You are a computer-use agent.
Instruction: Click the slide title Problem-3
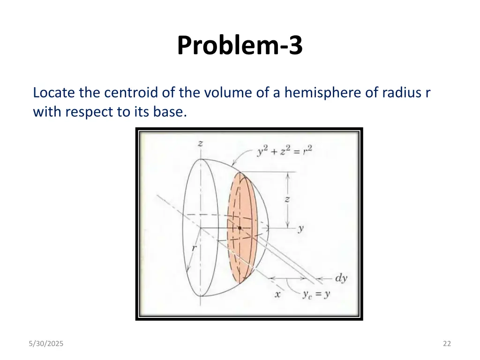(x=240, y=46)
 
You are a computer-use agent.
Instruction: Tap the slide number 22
(x=446, y=344)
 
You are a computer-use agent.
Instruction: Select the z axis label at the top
(x=200, y=144)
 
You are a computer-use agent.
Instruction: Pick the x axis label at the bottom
(x=277, y=294)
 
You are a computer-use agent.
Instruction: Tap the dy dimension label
(x=341, y=277)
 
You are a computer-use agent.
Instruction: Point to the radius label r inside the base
(x=194, y=248)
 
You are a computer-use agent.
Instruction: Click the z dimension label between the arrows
(x=287, y=199)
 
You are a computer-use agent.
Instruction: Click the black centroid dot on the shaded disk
(x=240, y=228)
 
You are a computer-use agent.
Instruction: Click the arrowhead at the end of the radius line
(x=188, y=270)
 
